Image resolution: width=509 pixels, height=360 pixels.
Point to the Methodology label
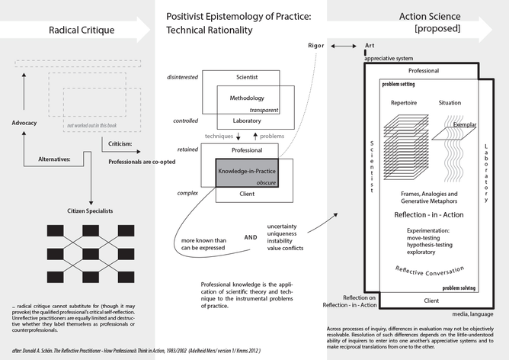(247, 100)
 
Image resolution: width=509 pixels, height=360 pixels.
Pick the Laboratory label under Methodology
(240, 121)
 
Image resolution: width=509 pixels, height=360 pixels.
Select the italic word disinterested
(186, 78)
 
